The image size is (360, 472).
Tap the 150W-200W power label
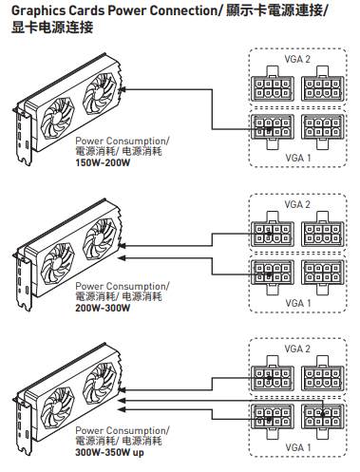[103, 163]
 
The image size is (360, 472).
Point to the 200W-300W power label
[103, 308]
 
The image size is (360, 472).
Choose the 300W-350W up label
[109, 453]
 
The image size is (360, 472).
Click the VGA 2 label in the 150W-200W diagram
[297, 59]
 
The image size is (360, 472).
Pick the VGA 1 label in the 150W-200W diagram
[298, 158]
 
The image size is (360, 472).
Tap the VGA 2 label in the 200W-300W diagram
[297, 204]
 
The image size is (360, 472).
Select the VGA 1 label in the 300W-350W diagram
[298, 447]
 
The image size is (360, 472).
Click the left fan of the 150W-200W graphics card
[58, 120]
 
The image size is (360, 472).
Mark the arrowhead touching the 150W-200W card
[123, 89]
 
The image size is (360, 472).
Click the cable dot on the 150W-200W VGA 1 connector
[269, 129]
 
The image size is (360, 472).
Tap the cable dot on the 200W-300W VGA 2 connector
[269, 234]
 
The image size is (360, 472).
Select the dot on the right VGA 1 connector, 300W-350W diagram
[323, 414]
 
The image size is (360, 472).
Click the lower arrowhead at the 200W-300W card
[122, 258]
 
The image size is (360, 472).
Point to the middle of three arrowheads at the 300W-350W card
[122, 401]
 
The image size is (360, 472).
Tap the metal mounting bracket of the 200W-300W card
[23, 278]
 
